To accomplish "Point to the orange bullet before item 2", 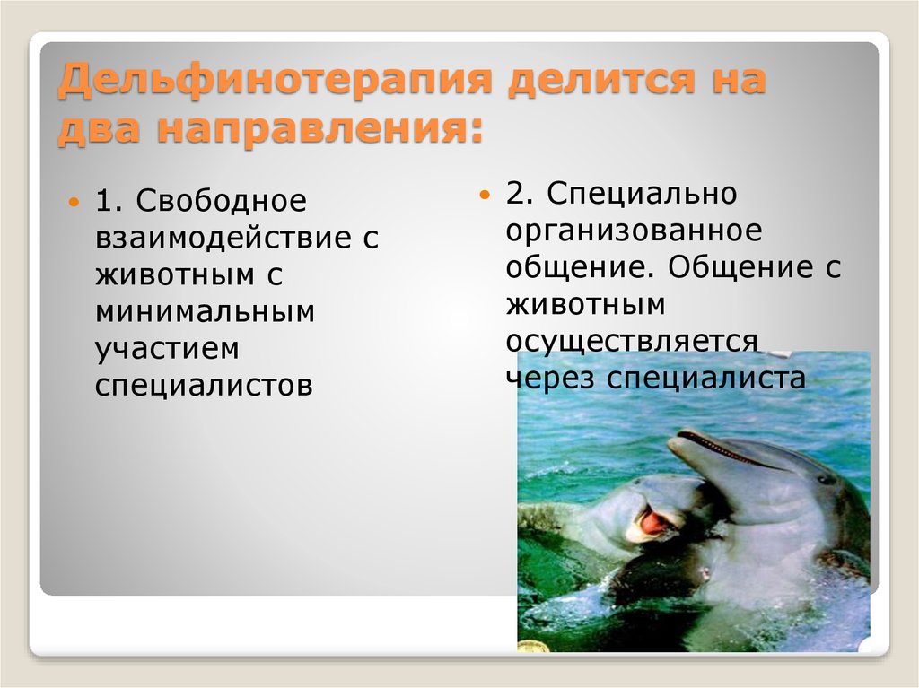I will [x=485, y=195].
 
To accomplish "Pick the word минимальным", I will [x=206, y=312].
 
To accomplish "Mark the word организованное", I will [x=634, y=230].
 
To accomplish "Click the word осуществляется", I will [x=632, y=341].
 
